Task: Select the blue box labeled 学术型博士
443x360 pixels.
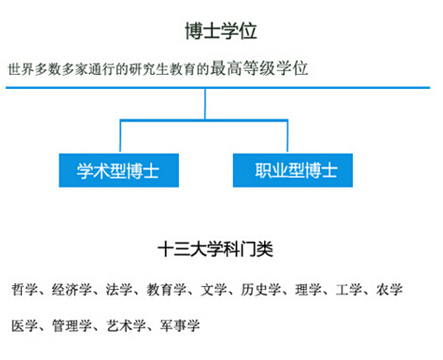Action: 117,171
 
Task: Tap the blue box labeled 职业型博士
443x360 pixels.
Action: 295,171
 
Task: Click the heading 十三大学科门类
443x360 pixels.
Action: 216,250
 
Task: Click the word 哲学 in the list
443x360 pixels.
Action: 25,289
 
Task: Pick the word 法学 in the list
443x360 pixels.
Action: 118,289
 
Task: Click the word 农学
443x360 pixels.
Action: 390,289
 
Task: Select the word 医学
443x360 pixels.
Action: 25,326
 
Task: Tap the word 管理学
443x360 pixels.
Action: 71,326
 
